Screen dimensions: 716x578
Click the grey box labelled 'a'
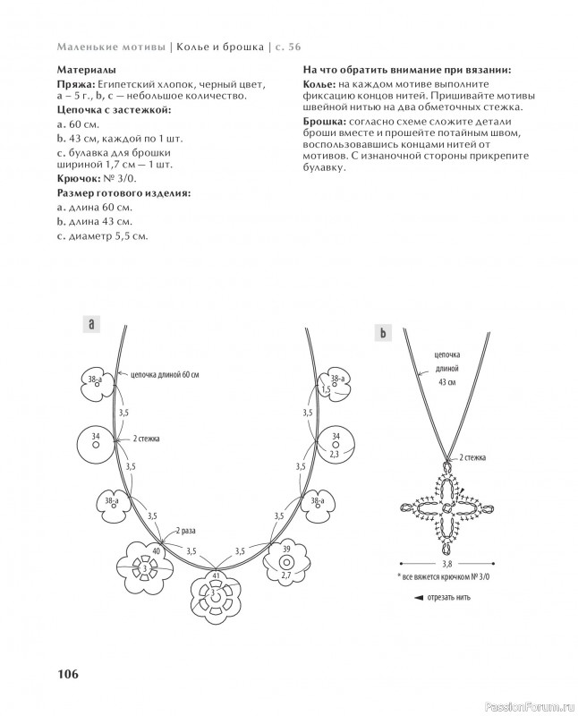click(92, 324)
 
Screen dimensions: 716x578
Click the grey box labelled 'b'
click(382, 334)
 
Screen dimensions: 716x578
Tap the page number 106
click(70, 674)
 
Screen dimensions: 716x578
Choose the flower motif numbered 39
click(286, 563)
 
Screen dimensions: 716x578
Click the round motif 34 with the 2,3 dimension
click(336, 445)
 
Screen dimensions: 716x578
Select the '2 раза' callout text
click(185, 531)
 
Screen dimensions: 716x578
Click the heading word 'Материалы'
click(85, 69)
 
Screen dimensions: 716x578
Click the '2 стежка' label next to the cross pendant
click(472, 457)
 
